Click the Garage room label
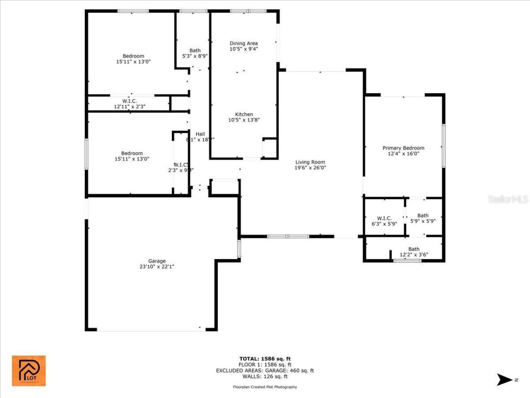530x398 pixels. pyautogui.click(x=157, y=261)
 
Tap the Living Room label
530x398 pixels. pyautogui.click(x=310, y=162)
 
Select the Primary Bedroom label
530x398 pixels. pyautogui.click(x=403, y=148)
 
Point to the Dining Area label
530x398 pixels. pyautogui.click(x=244, y=43)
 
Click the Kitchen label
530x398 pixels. pyautogui.click(x=244, y=114)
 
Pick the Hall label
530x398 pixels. pyautogui.click(x=200, y=134)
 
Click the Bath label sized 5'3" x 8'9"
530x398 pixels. pyautogui.click(x=195, y=51)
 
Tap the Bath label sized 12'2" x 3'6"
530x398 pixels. pyautogui.click(x=414, y=249)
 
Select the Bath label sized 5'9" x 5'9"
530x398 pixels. pyautogui.click(x=423, y=216)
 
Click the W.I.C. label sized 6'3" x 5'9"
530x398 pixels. pyautogui.click(x=384, y=218)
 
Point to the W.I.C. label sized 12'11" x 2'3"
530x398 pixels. pyautogui.click(x=130, y=101)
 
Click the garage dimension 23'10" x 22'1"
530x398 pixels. pyautogui.click(x=157, y=267)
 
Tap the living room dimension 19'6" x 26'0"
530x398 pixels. pyautogui.click(x=310, y=168)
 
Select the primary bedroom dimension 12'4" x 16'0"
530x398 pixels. pyautogui.click(x=403, y=154)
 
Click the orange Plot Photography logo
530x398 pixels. pyautogui.click(x=29, y=371)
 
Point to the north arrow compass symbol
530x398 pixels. pyautogui.click(x=504, y=379)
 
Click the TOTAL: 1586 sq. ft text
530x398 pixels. pyautogui.click(x=265, y=359)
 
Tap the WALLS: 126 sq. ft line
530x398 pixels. pyautogui.click(x=265, y=376)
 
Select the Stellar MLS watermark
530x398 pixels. pyautogui.click(x=508, y=199)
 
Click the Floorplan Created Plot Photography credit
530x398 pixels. pyautogui.click(x=265, y=387)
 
